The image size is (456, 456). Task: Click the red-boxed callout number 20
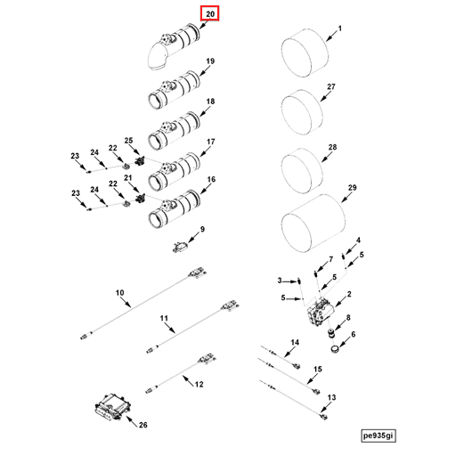point(210,15)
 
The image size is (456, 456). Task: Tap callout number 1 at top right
point(339,29)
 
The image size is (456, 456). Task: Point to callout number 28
point(333,147)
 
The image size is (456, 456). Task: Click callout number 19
point(211,61)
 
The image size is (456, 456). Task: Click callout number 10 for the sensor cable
point(119,292)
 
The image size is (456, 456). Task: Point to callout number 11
point(164,318)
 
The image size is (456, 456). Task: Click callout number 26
point(142,426)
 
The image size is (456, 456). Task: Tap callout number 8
point(348,318)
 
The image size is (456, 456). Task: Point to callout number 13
point(331,397)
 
